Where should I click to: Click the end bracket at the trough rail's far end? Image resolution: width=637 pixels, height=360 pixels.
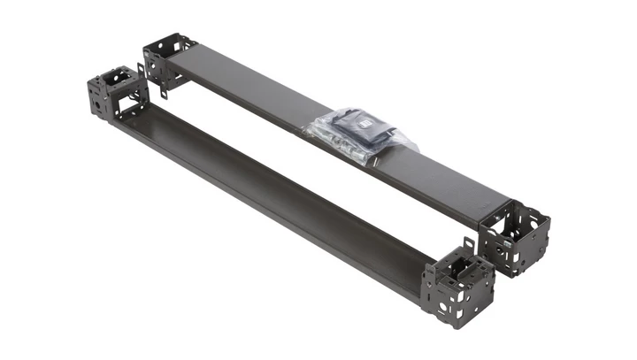click(x=115, y=93)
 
